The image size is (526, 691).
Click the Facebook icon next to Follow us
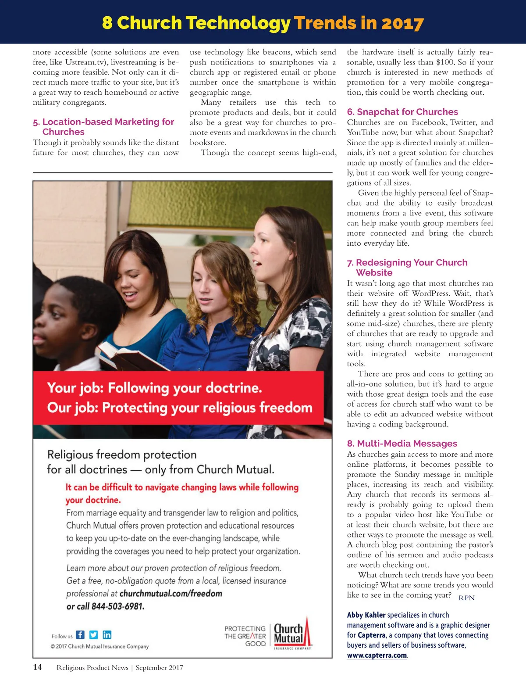(x=80, y=635)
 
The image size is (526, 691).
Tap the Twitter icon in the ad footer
(x=93, y=635)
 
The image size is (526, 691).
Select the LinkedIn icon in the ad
(x=107, y=635)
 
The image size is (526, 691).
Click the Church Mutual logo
(x=291, y=634)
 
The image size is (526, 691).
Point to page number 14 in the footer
(x=38, y=667)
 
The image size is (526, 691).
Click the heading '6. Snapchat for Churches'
(x=402, y=112)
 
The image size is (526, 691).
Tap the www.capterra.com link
(x=377, y=655)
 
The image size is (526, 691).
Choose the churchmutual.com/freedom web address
(x=171, y=594)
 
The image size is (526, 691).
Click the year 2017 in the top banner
(x=402, y=23)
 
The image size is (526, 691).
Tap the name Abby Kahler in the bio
(x=366, y=615)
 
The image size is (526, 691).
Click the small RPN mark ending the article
(x=466, y=598)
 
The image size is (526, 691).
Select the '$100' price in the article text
(x=445, y=62)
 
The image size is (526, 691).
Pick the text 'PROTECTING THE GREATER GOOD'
(x=245, y=636)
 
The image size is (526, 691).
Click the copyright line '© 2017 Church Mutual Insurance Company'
(x=100, y=646)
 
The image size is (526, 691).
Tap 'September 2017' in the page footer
(x=159, y=668)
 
